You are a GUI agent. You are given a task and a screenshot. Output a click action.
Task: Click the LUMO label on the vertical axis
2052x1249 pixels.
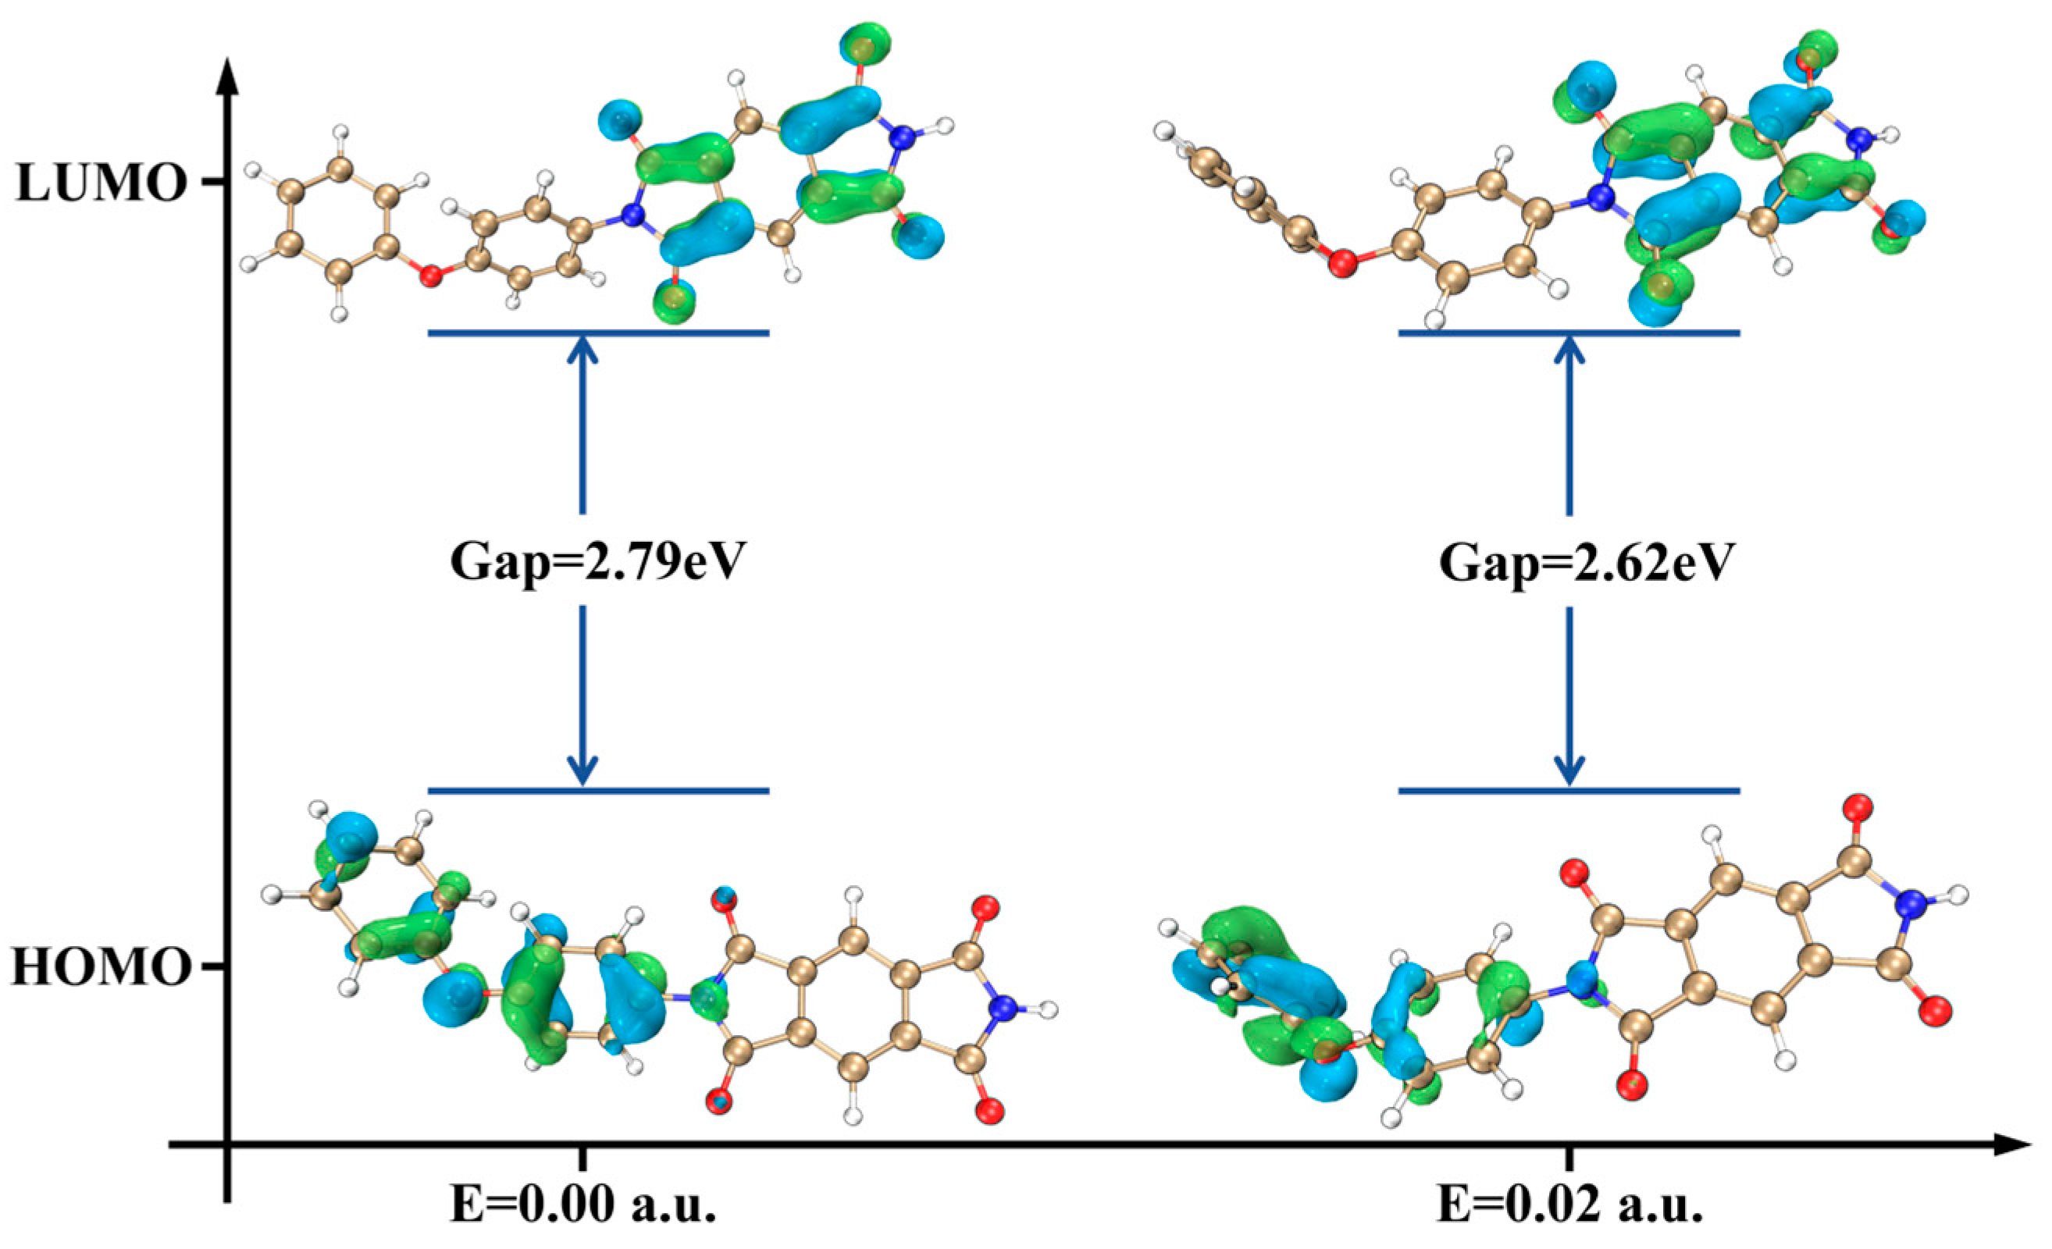point(100,183)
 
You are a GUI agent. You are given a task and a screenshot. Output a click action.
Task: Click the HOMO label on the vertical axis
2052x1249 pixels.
point(100,967)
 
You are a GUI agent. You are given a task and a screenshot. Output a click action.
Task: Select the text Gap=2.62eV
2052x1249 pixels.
point(1574,562)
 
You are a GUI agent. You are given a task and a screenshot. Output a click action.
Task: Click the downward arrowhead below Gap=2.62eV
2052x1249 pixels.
point(1569,770)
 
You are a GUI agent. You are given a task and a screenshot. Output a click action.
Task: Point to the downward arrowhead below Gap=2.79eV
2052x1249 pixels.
point(582,770)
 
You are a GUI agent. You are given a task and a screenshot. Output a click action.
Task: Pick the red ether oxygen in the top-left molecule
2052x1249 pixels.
point(430,276)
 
